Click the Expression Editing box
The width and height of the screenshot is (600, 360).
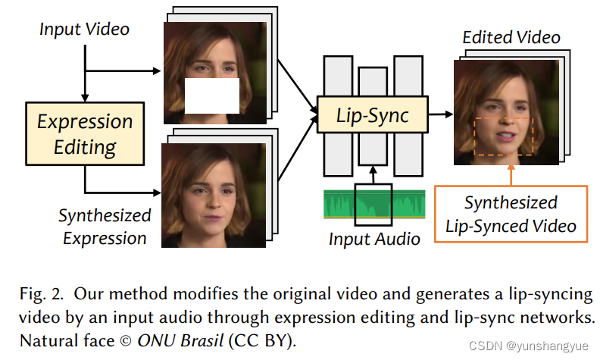tap(85, 134)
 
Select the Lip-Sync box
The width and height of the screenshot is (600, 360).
tap(372, 116)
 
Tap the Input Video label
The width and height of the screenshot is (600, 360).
tap(84, 30)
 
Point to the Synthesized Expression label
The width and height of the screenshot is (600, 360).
tap(105, 227)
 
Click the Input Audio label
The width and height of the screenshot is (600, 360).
tap(374, 239)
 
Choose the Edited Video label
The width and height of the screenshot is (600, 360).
tap(511, 37)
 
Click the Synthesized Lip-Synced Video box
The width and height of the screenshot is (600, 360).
tap(510, 214)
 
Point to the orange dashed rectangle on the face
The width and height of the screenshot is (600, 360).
tap(505, 136)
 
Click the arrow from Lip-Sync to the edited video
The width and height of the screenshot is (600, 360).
tap(440, 115)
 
